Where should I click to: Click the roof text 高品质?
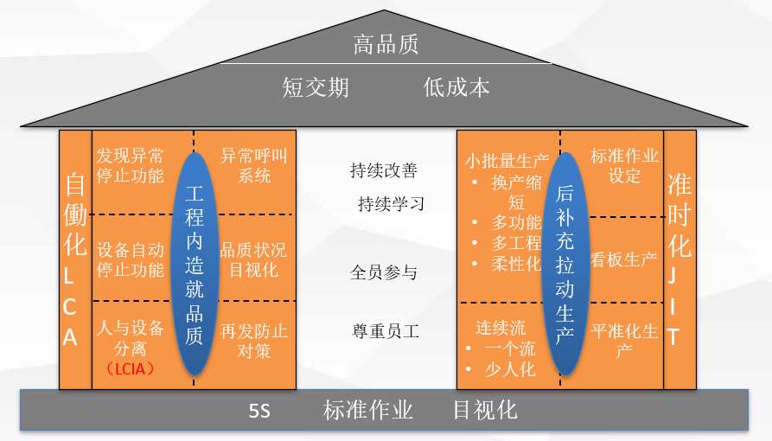click(386, 44)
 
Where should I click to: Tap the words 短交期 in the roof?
click(316, 87)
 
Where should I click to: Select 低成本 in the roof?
click(456, 87)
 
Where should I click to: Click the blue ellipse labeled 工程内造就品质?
click(195, 264)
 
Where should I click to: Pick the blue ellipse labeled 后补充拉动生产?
click(565, 264)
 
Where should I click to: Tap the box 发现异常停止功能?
click(131, 166)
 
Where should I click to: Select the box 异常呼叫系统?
click(253, 166)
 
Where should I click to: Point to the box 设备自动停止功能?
click(131, 259)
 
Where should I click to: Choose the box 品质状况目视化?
click(253, 259)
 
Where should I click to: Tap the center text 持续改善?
click(384, 170)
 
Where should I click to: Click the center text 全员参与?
click(384, 272)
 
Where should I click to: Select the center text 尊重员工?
click(385, 331)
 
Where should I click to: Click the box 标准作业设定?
click(624, 166)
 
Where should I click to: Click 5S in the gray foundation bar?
click(259, 411)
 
